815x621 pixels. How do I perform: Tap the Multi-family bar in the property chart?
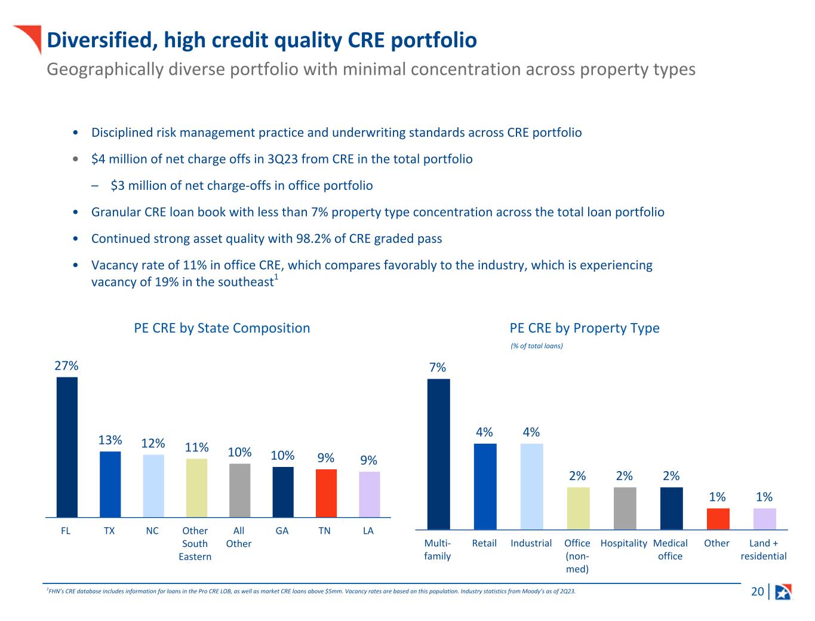(439, 454)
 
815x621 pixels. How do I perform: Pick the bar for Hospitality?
(625, 508)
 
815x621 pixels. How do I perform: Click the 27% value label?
(67, 365)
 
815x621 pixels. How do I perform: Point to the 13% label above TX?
(110, 440)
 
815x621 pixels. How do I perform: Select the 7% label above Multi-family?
(438, 368)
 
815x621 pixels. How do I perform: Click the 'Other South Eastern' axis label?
(195, 543)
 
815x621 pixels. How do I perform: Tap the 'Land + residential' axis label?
(764, 549)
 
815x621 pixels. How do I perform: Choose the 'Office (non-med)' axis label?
(577, 555)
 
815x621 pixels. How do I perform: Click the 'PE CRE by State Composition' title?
(222, 328)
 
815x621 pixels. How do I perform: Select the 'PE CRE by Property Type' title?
(585, 328)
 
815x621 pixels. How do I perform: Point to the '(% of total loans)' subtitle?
(537, 346)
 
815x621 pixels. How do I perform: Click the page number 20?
(757, 592)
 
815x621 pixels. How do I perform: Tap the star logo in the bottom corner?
(783, 592)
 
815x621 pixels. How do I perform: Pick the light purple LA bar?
(370, 494)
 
